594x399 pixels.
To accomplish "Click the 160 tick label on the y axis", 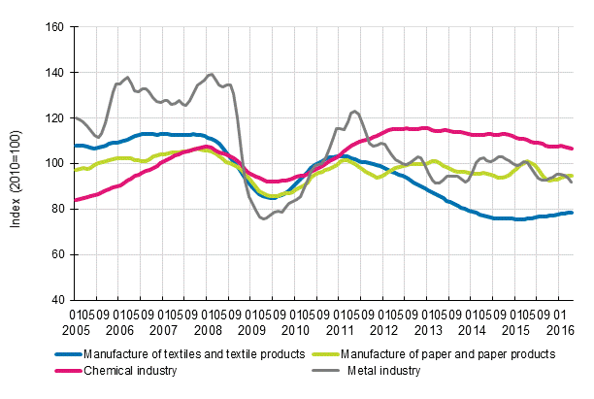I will point(54,27).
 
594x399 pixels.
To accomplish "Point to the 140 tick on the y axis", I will point(54,73).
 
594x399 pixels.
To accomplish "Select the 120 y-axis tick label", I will point(54,118).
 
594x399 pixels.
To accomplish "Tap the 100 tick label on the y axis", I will point(54,163).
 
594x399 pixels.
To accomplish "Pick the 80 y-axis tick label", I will point(57,209).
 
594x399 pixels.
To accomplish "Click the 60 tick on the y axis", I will point(57,254).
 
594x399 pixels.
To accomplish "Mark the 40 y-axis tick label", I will point(57,300).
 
